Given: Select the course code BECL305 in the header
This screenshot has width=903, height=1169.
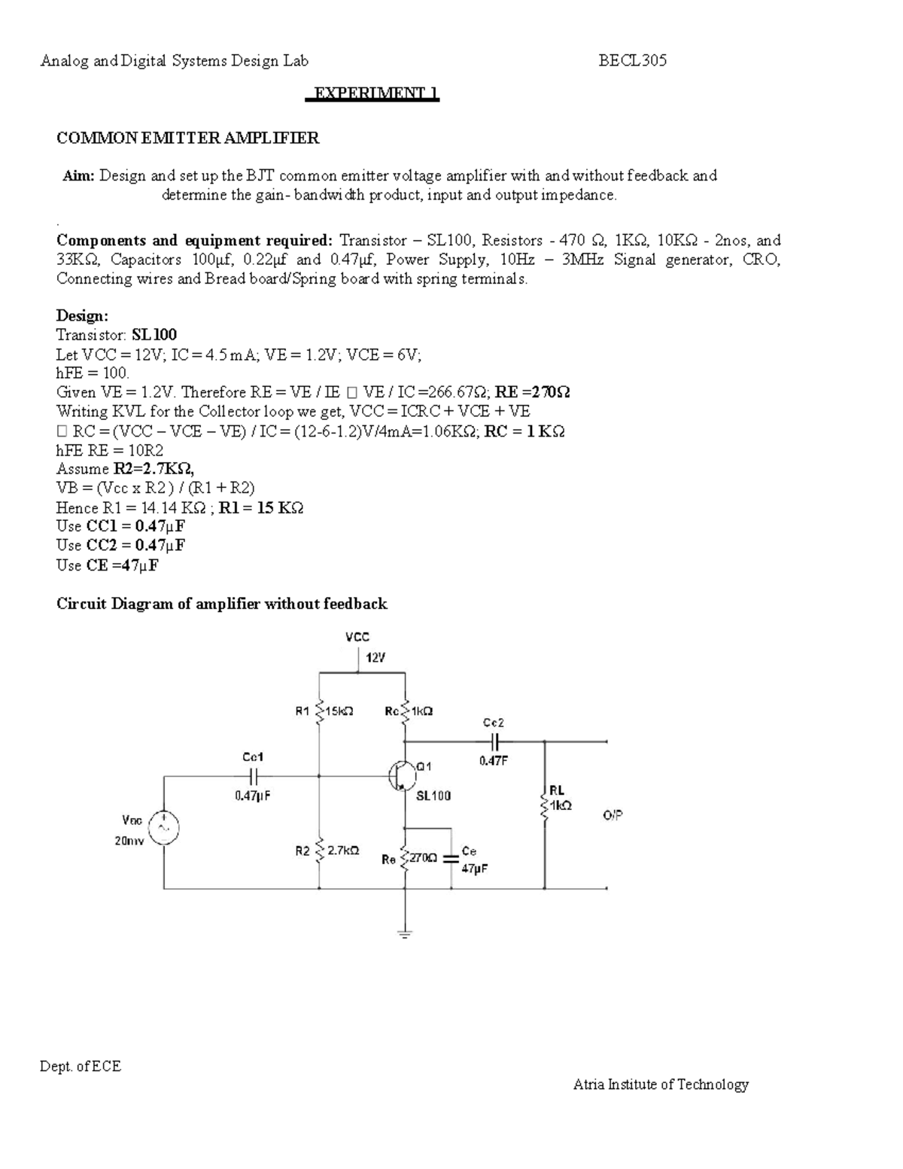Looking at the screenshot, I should (x=632, y=61).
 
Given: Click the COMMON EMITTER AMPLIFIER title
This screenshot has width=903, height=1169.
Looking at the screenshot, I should (x=188, y=138).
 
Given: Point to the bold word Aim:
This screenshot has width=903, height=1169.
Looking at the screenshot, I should (x=79, y=175).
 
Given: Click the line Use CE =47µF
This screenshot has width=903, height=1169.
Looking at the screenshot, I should (x=108, y=565).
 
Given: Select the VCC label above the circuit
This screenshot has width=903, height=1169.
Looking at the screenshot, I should (x=357, y=637).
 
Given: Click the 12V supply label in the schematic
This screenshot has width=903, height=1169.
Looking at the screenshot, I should (x=375, y=657).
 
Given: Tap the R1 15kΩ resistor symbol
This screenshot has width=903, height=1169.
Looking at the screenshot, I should (x=320, y=711).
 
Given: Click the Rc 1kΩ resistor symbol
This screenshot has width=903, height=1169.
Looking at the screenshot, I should (x=406, y=711).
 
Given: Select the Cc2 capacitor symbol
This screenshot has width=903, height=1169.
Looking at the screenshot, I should (x=496, y=741).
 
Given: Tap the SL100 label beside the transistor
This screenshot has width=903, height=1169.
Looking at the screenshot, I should (x=433, y=795).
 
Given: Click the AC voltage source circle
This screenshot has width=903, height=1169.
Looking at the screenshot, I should (x=164, y=828).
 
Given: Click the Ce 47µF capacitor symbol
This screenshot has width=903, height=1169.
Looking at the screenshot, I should (x=451, y=857).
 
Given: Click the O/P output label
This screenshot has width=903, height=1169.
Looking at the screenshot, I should (x=613, y=815).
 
